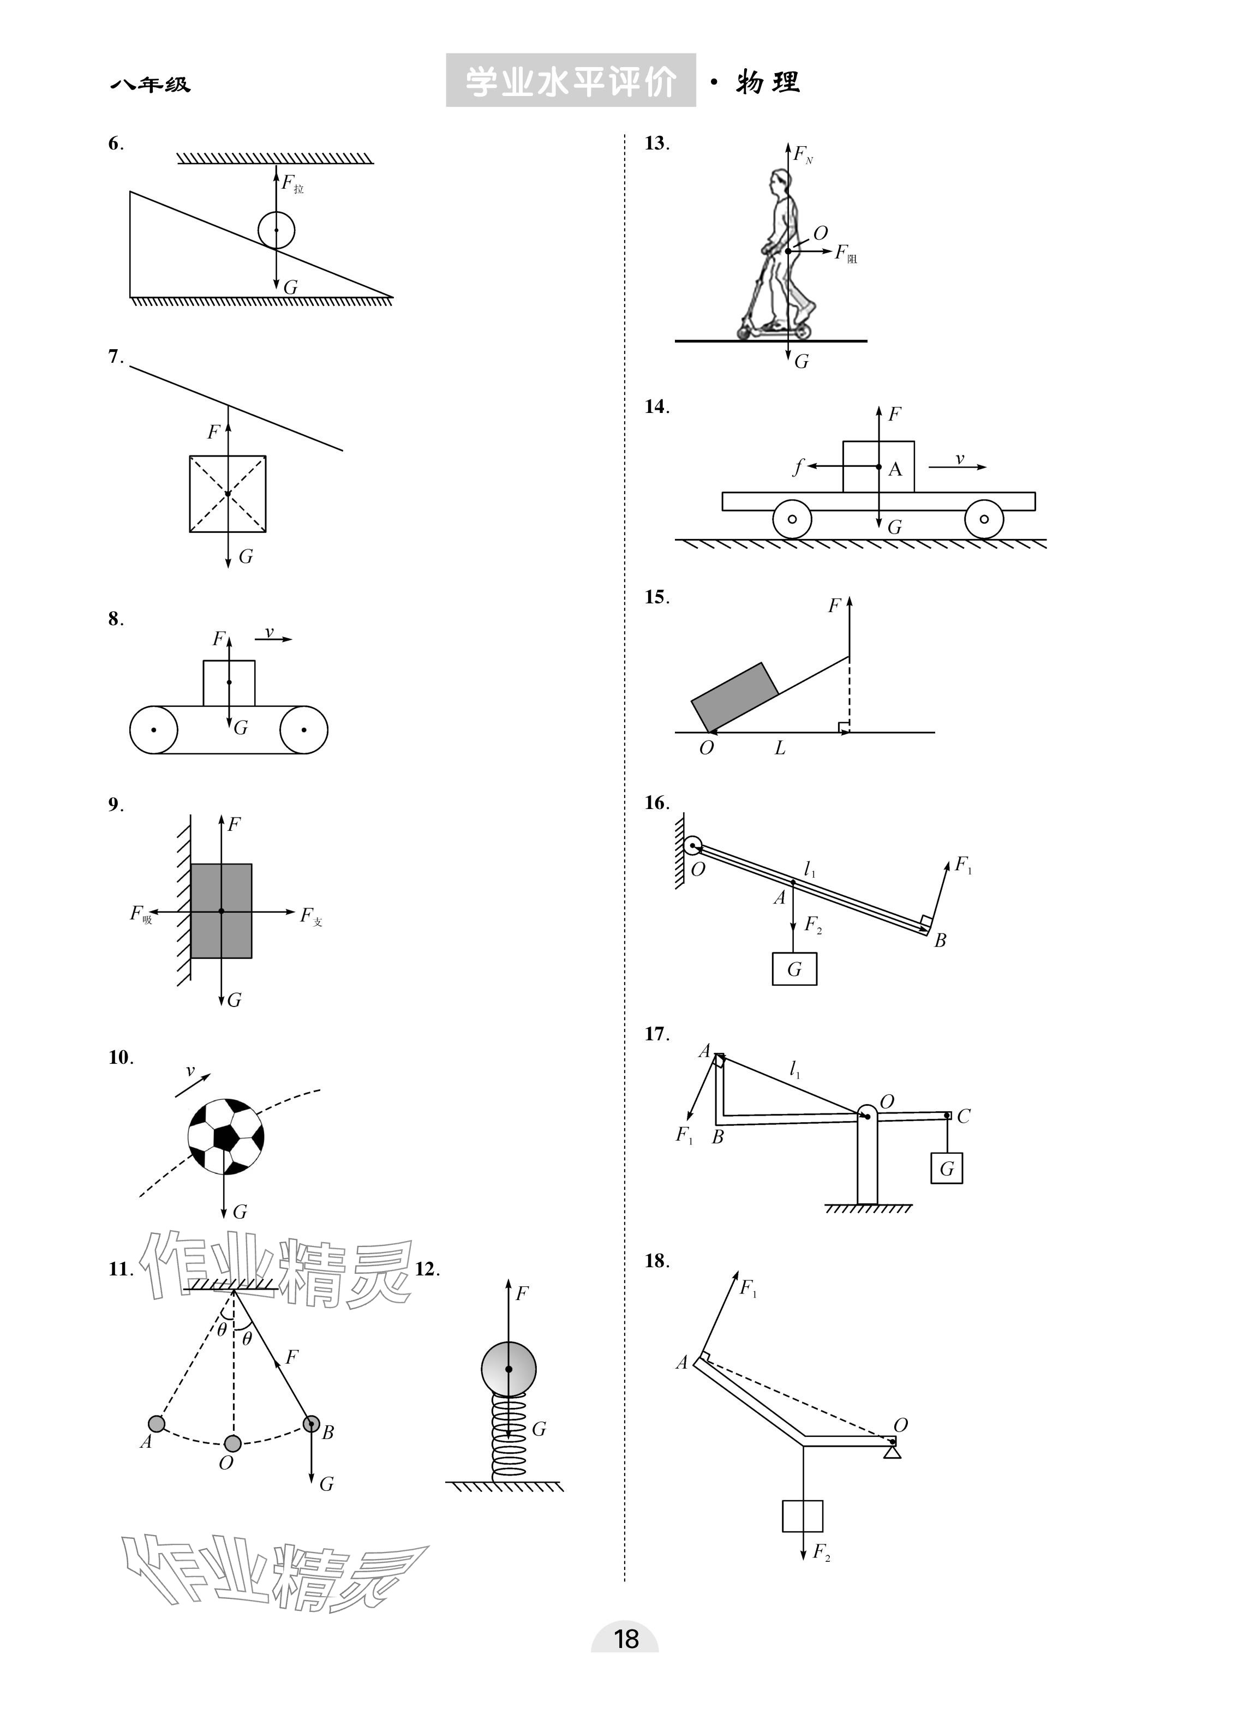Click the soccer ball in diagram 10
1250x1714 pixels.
coord(225,1136)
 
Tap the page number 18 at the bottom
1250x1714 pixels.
coord(626,1639)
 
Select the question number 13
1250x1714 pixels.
coord(656,143)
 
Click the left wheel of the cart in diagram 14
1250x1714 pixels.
coord(792,519)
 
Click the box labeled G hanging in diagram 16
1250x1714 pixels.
coord(794,969)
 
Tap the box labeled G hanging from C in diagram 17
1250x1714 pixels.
coord(946,1168)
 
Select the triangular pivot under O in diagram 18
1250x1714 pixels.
coord(893,1452)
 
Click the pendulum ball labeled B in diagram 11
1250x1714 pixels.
coord(311,1424)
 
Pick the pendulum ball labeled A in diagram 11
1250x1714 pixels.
coord(157,1424)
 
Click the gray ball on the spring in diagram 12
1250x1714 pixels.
coord(509,1369)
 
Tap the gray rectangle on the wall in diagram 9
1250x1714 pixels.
coord(221,910)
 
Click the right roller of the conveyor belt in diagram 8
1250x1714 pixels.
coord(303,730)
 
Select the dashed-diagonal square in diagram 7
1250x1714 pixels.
coord(228,493)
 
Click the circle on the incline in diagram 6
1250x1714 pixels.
coord(276,230)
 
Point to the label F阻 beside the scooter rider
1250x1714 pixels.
coord(845,254)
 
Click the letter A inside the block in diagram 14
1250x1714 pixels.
coord(895,470)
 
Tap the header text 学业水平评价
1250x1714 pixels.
coord(571,81)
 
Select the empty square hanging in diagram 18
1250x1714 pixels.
coord(802,1516)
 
